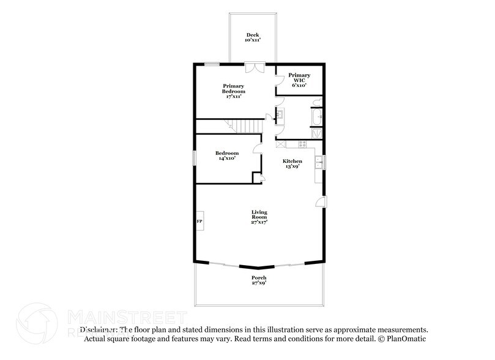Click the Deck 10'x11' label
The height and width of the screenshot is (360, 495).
coord(252,37)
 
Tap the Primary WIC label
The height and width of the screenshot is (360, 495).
coord(299,80)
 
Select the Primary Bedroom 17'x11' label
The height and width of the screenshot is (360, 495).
coord(234,91)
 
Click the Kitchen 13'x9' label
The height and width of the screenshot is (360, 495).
coord(292,164)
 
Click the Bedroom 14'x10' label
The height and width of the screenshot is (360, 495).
coord(226,156)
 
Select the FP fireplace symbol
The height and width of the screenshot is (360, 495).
coord(199,221)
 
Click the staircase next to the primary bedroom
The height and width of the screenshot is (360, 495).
coord(247,127)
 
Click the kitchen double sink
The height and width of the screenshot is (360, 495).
coord(319,162)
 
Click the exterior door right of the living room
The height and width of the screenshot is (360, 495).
coord(322,202)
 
